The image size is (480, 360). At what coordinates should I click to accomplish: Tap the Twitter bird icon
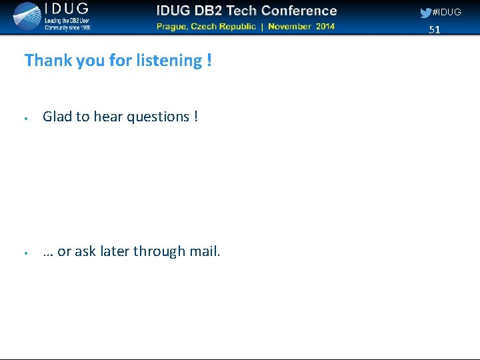click(425, 13)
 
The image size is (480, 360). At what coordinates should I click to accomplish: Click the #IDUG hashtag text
click(447, 13)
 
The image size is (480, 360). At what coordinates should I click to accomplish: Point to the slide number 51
click(435, 30)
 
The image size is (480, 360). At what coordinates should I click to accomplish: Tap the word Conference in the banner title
click(299, 11)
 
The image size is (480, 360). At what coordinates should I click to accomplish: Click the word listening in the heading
click(169, 61)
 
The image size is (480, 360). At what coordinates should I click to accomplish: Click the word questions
click(158, 117)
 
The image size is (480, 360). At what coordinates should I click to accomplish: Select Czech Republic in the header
click(227, 27)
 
